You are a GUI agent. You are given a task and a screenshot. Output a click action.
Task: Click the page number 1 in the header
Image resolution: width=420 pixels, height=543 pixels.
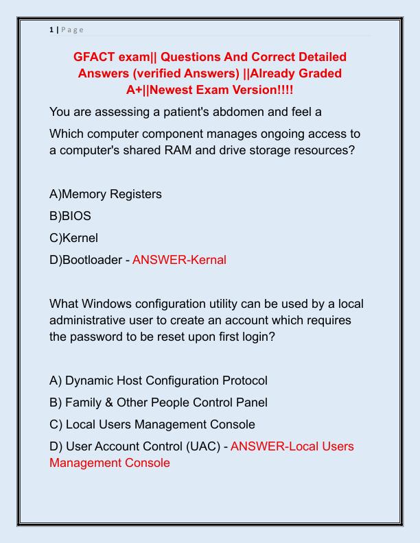[51, 29]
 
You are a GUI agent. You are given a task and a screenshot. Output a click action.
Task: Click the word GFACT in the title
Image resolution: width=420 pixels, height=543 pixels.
[95, 56]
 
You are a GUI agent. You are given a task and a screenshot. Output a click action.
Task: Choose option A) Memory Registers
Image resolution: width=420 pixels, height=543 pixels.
[106, 194]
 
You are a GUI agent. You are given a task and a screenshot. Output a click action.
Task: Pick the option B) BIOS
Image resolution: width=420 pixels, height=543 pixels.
[70, 216]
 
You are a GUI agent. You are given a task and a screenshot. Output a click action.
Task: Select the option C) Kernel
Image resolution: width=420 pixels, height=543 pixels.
[73, 238]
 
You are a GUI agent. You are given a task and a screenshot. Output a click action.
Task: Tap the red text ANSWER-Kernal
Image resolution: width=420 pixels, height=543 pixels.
[179, 260]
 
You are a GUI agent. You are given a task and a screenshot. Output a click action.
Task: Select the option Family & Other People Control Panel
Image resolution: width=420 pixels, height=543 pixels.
[166, 402]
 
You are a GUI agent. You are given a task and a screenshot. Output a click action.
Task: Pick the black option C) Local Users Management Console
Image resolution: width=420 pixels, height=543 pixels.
[152, 424]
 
